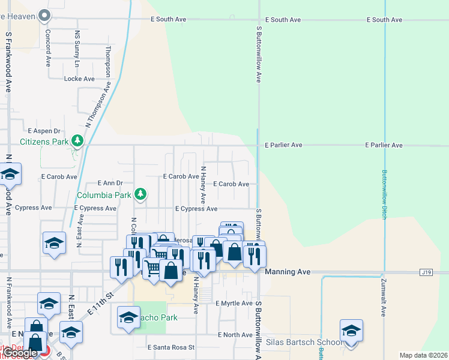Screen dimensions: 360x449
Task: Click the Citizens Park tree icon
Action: pos(77,141)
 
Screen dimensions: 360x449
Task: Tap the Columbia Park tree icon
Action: pos(140,194)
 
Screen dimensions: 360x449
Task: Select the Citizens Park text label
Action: pos(44,142)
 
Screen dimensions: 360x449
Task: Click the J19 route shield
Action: pos(426,272)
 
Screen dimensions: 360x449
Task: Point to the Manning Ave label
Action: pos(288,272)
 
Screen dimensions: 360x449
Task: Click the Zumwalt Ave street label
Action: pos(384,298)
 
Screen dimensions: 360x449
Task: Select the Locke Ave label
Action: pos(79,79)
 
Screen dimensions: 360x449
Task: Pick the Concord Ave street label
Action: pos(48,47)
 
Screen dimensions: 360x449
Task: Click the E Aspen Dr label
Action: pos(44,131)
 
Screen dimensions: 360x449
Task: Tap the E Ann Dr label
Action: pos(110,183)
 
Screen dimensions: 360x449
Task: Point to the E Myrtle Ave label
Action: pos(234,304)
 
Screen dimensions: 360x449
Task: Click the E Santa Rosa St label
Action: pos(171,347)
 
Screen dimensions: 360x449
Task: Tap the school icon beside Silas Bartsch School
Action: pos(351,331)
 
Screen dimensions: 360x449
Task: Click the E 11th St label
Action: pos(100,305)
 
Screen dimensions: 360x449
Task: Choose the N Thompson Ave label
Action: pos(98,105)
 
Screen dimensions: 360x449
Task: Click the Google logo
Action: pos(20,353)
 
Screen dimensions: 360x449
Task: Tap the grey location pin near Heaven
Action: pos(44,16)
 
